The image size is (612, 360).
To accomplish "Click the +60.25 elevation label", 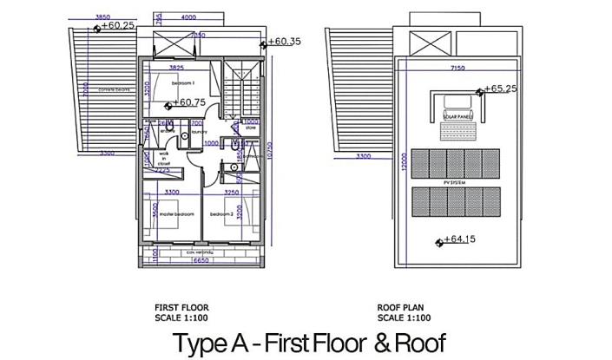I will (x=117, y=26).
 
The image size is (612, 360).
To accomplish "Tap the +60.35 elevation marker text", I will (x=284, y=41).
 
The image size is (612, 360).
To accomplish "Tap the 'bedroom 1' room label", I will (x=182, y=82).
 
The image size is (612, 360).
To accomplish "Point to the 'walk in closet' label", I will (x=162, y=158).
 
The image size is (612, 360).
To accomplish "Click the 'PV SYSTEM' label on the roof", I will (x=455, y=183).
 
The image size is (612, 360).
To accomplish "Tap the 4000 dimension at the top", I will (x=189, y=16).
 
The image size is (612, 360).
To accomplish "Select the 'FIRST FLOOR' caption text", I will (x=181, y=307).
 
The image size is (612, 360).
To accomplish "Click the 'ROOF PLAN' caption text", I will (x=402, y=307).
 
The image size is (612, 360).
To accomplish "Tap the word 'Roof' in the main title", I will (x=420, y=342).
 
